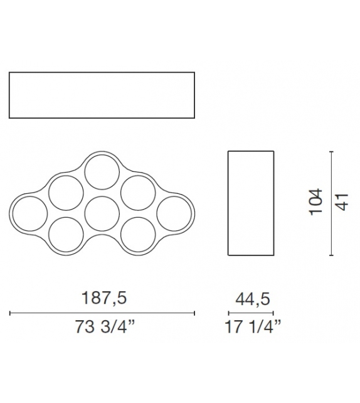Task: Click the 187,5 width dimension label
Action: click(104, 298)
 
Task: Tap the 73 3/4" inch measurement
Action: click(105, 326)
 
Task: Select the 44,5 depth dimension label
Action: click(253, 299)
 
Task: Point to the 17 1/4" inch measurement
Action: click(253, 326)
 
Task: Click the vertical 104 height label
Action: click(316, 202)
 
